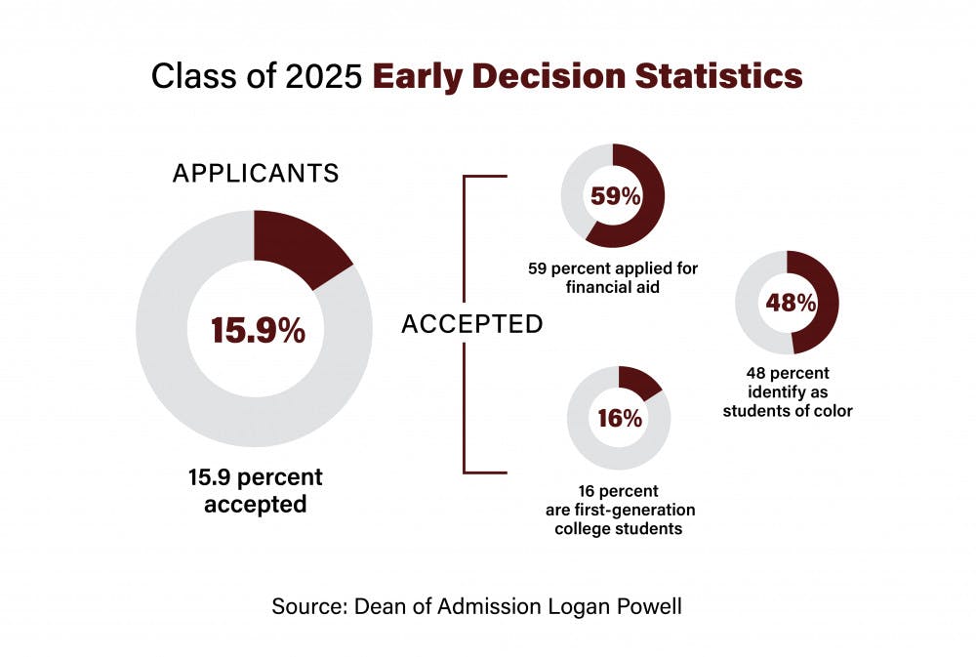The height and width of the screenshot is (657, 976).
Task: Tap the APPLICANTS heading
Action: click(x=256, y=174)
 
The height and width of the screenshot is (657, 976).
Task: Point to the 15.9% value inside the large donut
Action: click(x=258, y=331)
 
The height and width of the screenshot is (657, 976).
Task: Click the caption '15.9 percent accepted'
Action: click(x=256, y=491)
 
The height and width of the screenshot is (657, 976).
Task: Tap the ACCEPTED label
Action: click(x=471, y=324)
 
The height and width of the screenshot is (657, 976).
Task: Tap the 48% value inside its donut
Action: click(x=790, y=304)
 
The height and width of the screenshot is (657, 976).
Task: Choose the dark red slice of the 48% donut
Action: click(x=823, y=303)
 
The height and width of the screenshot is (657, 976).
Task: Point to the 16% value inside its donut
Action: click(x=620, y=419)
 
